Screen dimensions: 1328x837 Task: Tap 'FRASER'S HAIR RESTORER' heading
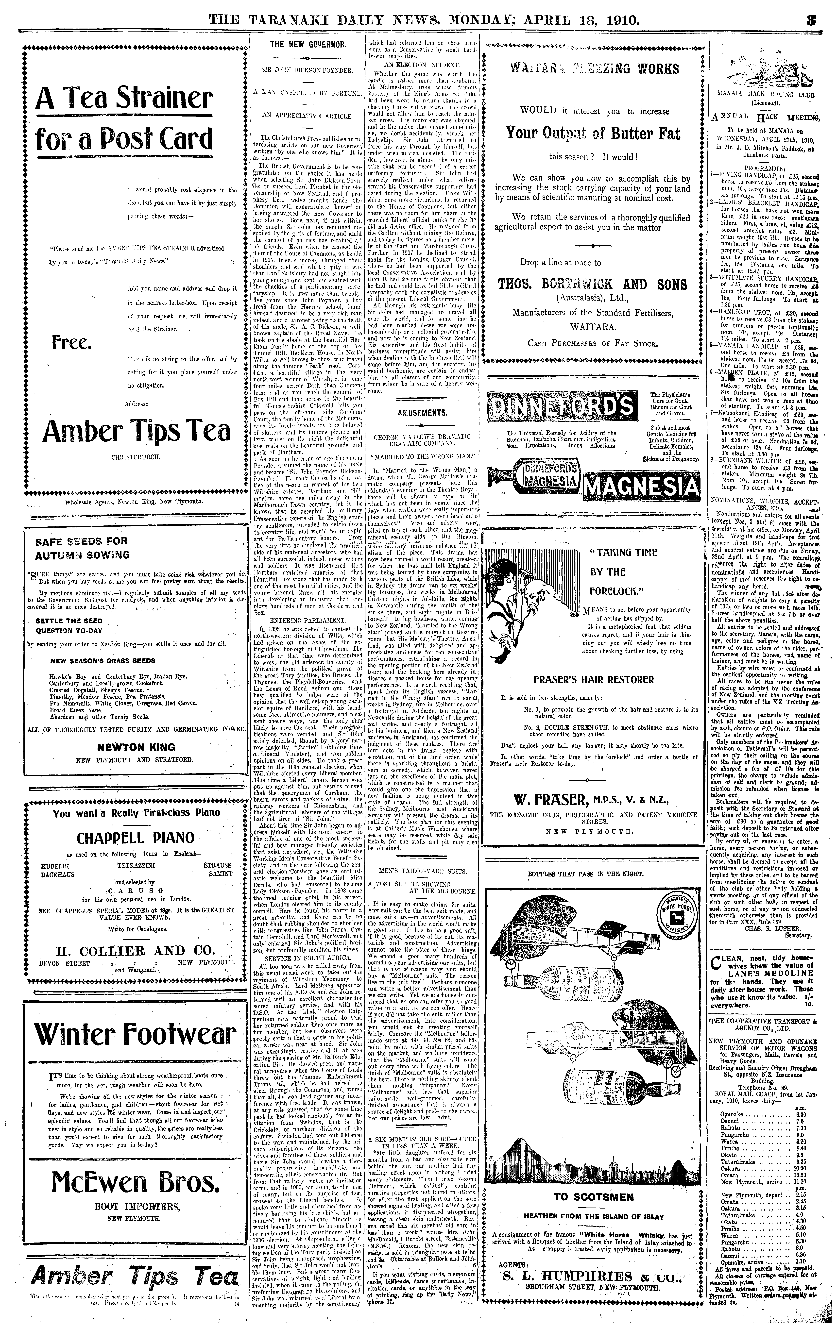click(x=593, y=679)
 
